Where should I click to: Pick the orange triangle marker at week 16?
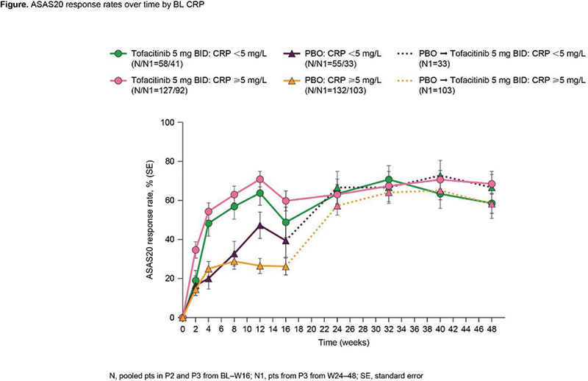[286, 266]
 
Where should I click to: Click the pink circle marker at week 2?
[196, 250]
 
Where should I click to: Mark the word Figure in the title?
[15, 7]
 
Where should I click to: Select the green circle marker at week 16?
[286, 223]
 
